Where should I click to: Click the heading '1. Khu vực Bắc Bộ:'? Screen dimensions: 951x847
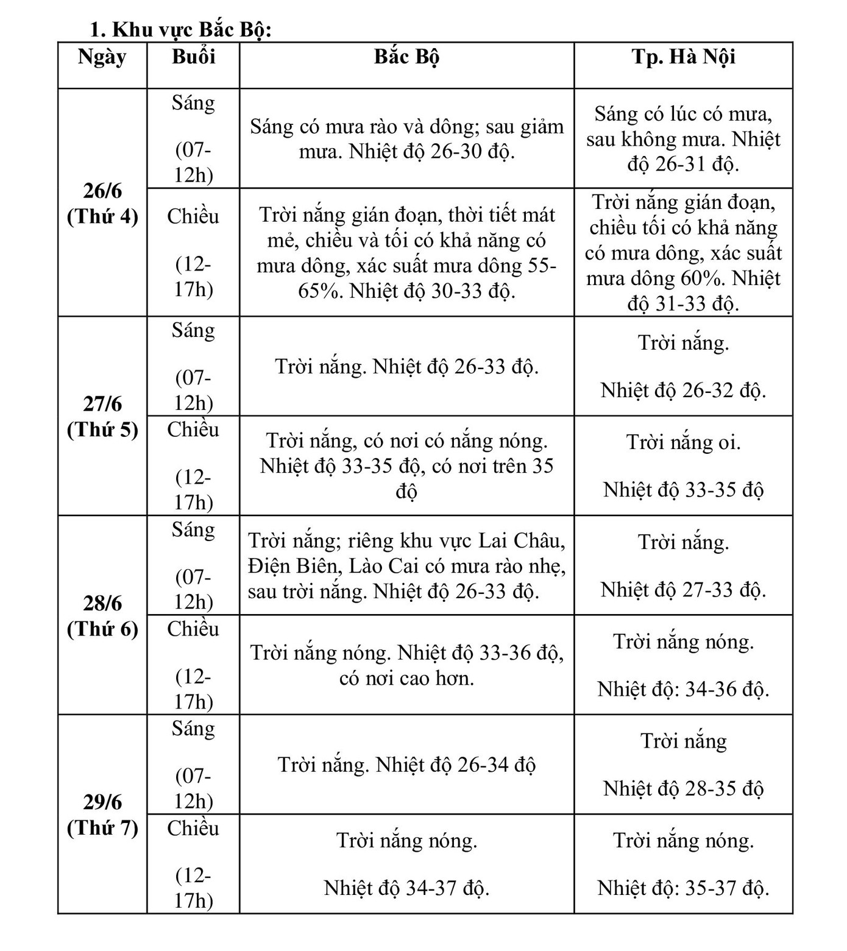(180, 29)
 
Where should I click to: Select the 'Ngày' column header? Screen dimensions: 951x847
(102, 57)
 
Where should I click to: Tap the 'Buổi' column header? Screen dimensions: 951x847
(193, 57)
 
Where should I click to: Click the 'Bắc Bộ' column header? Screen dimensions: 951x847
(406, 57)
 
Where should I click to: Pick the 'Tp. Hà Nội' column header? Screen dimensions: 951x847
(683, 57)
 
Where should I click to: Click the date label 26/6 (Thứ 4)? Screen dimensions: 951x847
(102, 203)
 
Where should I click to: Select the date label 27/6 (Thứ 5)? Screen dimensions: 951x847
(102, 417)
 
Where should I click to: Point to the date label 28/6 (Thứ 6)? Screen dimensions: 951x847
(102, 616)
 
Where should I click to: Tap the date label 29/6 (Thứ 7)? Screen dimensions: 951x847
(102, 815)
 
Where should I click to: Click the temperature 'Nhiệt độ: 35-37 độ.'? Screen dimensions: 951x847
(683, 888)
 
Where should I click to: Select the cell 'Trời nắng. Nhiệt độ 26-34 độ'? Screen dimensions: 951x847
(406, 765)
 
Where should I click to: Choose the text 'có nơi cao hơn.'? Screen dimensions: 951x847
(406, 678)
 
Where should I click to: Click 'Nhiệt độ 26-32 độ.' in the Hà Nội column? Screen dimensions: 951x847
(683, 391)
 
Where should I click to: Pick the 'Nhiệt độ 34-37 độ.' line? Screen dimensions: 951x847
(406, 888)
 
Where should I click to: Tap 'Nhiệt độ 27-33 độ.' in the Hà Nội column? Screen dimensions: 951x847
(683, 590)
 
